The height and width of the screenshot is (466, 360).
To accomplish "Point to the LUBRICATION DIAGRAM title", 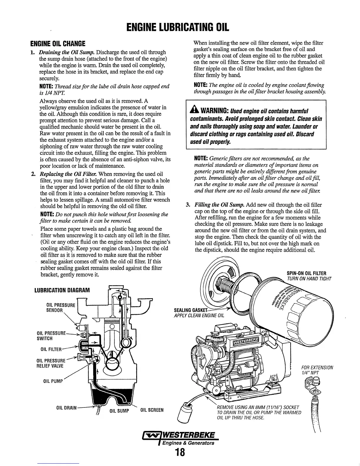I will point(62,290).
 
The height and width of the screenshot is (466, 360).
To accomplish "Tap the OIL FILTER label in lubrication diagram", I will point(51,349).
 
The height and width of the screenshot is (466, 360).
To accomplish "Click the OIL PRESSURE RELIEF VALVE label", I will point(50,363).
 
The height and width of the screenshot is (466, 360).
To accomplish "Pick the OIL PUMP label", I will point(53,382).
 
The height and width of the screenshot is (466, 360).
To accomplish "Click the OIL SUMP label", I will point(119,411).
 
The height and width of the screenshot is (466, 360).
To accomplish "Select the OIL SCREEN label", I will point(152,410).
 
